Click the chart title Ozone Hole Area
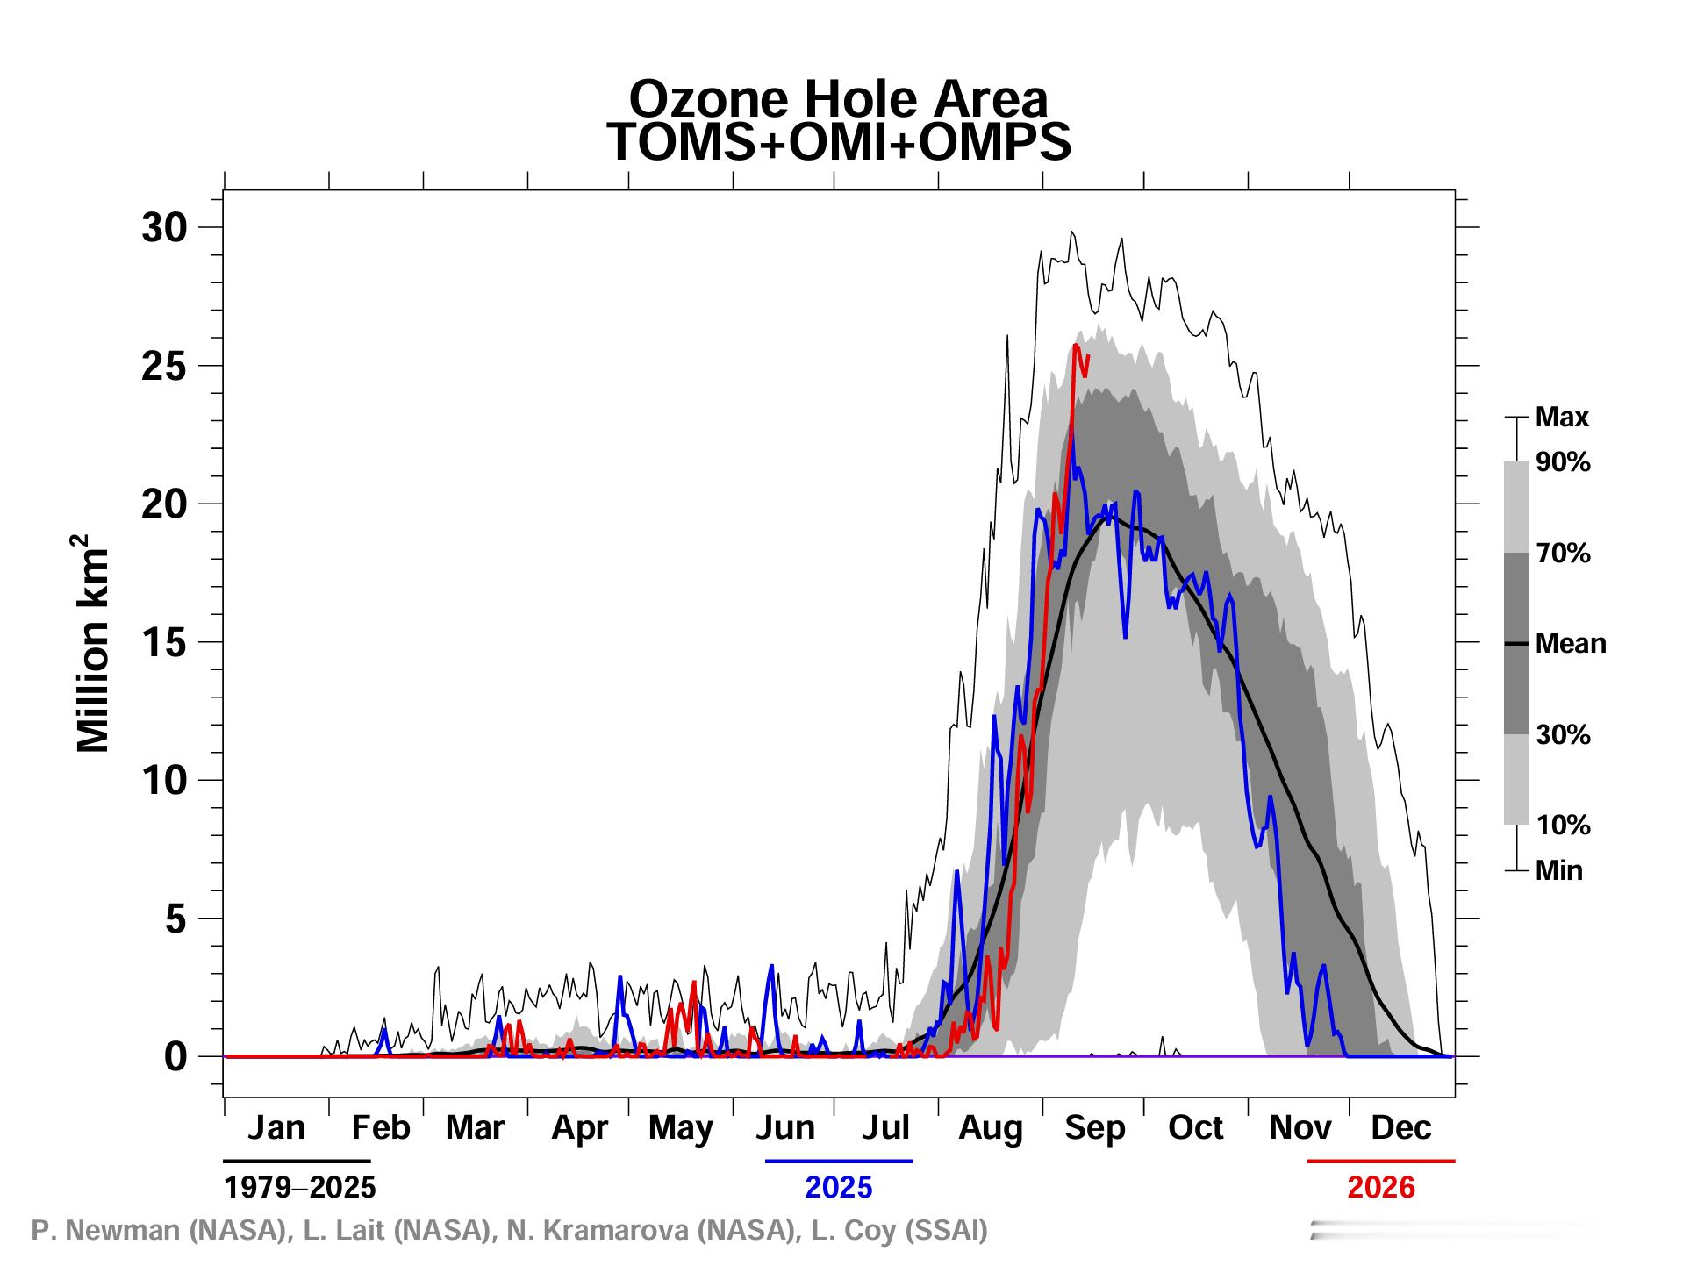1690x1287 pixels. pos(839,98)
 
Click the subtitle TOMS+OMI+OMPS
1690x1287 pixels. pos(839,142)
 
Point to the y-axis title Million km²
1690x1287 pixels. pos(93,643)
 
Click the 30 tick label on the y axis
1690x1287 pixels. pos(165,228)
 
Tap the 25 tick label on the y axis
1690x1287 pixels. pos(165,367)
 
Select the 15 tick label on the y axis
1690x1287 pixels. pos(165,643)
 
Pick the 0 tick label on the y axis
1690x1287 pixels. pos(176,1057)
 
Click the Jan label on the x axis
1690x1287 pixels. pos(276,1127)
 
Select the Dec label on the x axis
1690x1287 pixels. pos(1401,1127)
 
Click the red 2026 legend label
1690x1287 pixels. pos(1381,1187)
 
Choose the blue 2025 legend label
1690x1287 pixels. pos(839,1187)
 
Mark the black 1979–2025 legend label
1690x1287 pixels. pos(300,1187)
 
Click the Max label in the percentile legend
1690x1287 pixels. pos(1562,418)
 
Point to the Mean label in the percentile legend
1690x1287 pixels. pos(1571,644)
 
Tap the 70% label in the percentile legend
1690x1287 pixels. pos(1563,554)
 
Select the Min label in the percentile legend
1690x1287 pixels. pos(1559,871)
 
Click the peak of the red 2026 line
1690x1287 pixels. pos(1076,345)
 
